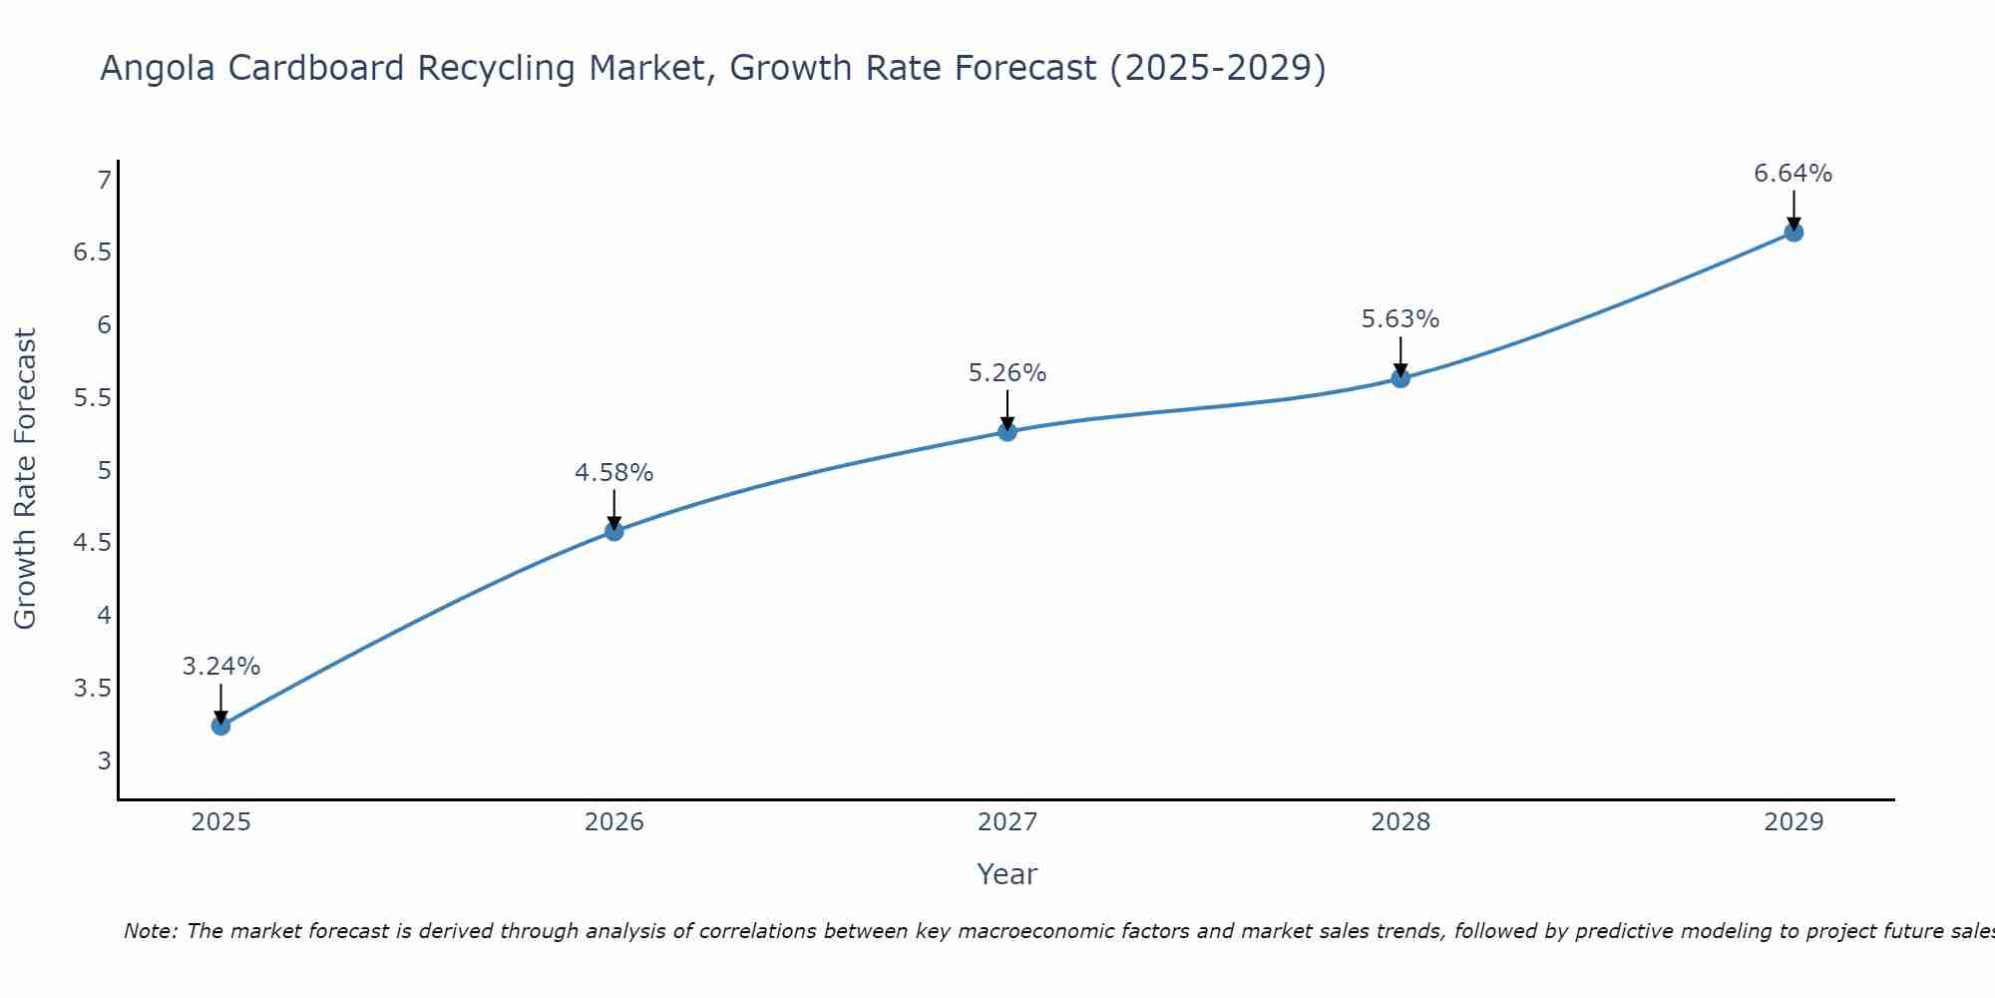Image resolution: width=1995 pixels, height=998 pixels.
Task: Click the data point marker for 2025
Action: tap(221, 726)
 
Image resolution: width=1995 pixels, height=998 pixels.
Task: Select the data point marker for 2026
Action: tap(614, 531)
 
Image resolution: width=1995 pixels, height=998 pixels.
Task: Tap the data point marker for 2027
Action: tap(1007, 432)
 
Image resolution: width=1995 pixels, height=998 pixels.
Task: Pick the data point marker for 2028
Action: tap(1400, 378)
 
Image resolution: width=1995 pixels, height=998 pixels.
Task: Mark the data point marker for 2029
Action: tap(1794, 233)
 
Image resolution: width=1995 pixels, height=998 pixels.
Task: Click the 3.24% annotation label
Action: tap(221, 667)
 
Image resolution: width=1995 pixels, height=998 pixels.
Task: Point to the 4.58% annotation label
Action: tap(614, 473)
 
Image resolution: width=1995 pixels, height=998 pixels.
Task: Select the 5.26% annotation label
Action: tap(1007, 373)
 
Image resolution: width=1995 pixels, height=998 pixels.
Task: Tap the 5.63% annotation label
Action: tap(1400, 319)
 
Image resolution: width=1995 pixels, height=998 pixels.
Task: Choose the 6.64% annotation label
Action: tap(1794, 174)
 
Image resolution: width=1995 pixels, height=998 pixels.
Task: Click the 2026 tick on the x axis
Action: tap(614, 822)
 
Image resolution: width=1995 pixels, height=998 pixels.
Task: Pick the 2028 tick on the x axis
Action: tap(1400, 822)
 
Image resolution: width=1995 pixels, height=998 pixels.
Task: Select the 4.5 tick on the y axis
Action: tap(93, 543)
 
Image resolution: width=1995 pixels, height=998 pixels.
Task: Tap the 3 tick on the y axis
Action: tap(104, 761)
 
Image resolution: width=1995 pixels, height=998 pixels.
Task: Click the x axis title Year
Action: tap(1007, 874)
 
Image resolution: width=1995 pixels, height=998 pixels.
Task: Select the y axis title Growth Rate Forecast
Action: tap(26, 479)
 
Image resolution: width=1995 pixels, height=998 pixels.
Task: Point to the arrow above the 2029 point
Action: tap(1794, 210)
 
